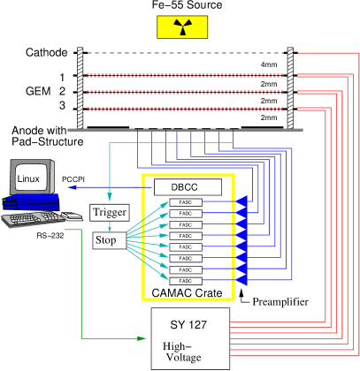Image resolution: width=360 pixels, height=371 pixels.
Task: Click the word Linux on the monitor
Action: (28, 180)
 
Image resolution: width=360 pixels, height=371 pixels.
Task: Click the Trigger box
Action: (110, 213)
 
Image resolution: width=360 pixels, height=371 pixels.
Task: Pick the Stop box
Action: (108, 240)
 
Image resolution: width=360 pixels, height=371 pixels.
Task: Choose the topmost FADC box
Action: (186, 203)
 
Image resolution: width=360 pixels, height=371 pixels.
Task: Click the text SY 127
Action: (190, 323)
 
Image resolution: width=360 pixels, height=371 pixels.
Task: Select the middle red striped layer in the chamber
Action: (185, 92)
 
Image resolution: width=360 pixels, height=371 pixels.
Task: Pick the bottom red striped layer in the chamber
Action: (185, 109)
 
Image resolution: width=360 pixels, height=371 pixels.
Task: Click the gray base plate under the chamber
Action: (185, 130)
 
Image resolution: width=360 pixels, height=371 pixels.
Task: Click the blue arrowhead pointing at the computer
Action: (72, 187)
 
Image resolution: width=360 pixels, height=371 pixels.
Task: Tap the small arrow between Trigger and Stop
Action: (109, 227)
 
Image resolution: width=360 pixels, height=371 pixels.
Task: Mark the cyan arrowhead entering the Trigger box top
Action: (109, 200)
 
